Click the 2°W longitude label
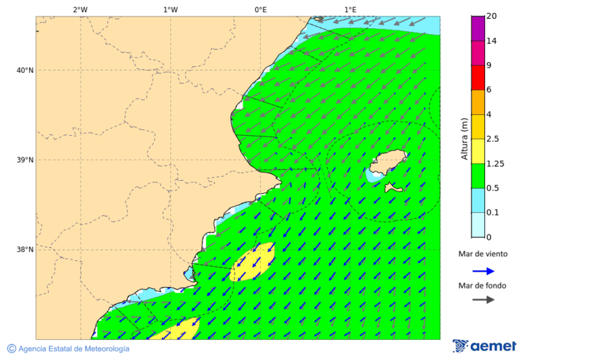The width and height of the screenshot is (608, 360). point(80,9)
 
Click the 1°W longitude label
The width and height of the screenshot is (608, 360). point(170,9)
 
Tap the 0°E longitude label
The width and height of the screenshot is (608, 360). point(260,9)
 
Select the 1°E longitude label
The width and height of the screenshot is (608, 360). point(350,9)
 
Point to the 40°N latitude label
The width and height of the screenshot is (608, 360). point(24,70)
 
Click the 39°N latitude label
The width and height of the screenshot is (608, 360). point(24,160)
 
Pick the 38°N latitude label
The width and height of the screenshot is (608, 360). point(24,250)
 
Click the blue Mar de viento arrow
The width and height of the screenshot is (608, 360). point(483,271)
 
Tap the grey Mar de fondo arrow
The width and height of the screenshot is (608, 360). point(483,300)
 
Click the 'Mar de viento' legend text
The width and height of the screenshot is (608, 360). point(482,255)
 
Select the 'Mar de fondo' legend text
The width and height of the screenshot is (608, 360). point(482,286)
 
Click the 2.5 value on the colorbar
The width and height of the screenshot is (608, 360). point(492,139)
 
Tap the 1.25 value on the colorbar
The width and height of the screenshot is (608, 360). point(495,163)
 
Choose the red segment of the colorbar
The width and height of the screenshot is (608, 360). point(478,77)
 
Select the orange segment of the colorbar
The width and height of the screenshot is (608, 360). point(478,102)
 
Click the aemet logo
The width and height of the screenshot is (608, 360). point(484,346)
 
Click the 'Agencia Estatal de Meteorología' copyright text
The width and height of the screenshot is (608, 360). point(68,349)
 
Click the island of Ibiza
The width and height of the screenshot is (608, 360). point(387,163)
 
